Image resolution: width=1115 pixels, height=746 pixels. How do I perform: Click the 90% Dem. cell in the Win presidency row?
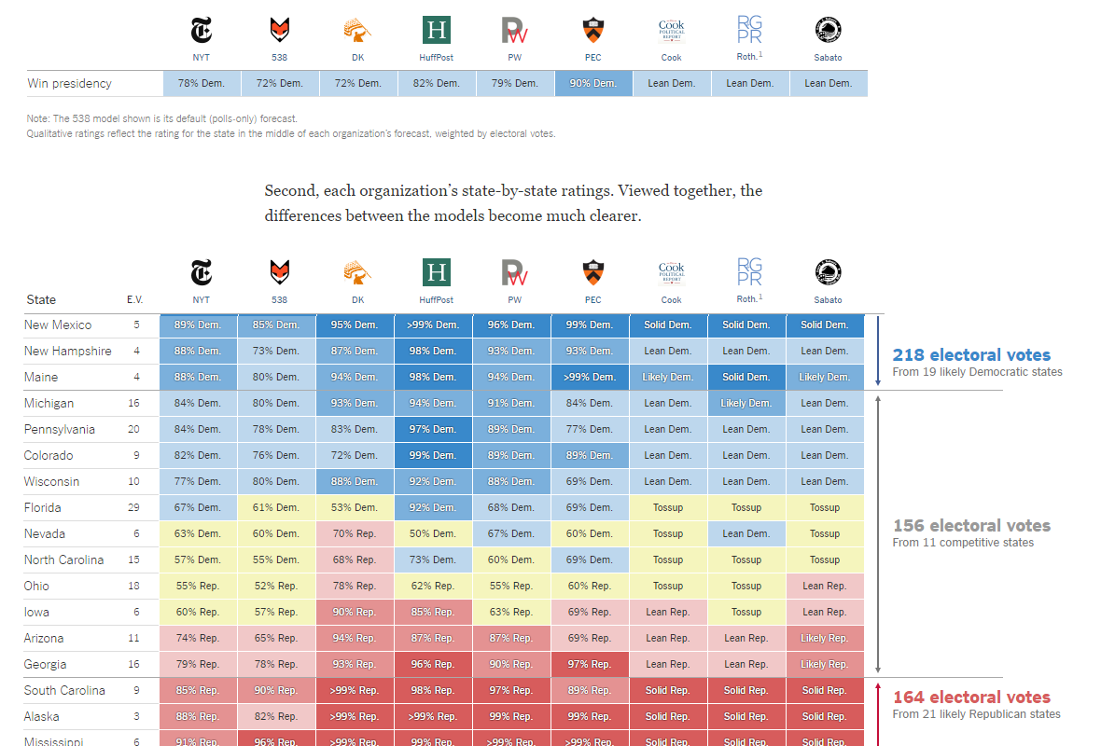593,83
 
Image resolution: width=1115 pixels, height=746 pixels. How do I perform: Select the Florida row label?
43,507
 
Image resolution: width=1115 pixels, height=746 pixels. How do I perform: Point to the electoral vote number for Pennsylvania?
135,429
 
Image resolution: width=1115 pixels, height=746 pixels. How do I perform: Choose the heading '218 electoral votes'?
971,355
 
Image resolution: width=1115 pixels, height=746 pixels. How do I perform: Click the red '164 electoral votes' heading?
971,698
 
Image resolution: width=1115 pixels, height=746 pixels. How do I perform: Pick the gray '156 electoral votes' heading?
971,526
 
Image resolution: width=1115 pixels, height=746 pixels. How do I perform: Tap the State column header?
41,299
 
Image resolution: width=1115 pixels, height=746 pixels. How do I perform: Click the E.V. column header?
135,299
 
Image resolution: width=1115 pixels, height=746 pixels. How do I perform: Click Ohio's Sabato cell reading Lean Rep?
825,586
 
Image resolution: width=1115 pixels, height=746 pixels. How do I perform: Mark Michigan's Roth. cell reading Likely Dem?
746,403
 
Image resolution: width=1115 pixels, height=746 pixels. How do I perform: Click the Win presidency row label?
69,83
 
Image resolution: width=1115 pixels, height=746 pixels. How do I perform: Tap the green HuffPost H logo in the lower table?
437,272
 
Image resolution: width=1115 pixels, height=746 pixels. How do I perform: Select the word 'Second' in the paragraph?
290,191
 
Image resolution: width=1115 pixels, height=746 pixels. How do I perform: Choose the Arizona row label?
44,638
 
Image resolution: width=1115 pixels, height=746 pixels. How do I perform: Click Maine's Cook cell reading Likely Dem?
668,377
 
